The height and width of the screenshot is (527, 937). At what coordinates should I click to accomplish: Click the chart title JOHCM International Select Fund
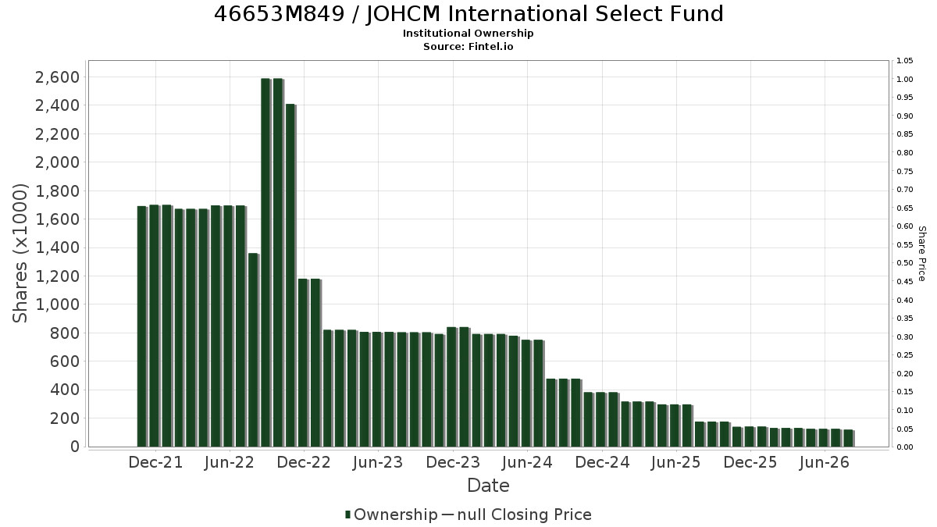point(468,14)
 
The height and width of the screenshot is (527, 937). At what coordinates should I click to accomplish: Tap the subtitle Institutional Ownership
point(468,34)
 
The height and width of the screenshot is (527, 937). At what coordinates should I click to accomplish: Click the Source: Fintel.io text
point(468,46)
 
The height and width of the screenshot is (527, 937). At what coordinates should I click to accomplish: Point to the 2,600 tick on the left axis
point(57,77)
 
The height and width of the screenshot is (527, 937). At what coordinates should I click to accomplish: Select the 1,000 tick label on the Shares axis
point(57,304)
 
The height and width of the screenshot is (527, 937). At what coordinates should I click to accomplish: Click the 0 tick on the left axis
point(75,447)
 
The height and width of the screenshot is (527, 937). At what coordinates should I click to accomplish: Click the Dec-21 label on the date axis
point(155,462)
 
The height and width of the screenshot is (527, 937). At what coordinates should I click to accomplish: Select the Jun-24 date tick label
point(527,462)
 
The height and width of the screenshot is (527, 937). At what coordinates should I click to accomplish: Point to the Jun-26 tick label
point(824,462)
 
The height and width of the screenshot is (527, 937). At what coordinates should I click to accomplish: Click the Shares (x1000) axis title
point(20,254)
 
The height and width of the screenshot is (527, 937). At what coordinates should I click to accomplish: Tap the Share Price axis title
point(921,254)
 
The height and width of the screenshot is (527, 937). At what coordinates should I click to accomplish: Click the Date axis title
point(488,486)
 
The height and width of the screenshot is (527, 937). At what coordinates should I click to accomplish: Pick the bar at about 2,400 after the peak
point(290,275)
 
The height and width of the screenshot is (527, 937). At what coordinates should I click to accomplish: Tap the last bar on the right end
point(849,438)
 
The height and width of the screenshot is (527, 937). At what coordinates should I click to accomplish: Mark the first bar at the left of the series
point(142,326)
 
